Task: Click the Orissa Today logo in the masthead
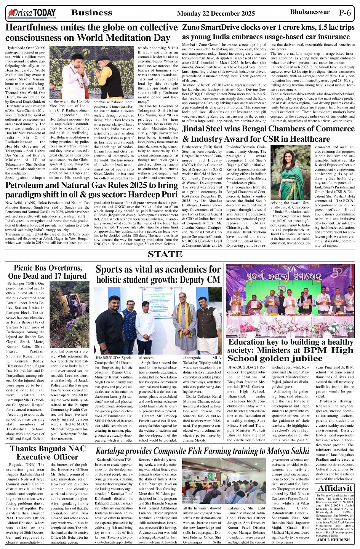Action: [31, 14]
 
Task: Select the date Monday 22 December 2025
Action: [216, 14]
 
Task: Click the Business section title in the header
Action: [91, 13]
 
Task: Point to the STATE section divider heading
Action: [165, 254]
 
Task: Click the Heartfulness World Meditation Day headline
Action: [91, 33]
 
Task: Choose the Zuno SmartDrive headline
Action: [268, 32]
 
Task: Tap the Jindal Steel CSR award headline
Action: [268, 134]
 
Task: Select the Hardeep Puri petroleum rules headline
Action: [91, 190]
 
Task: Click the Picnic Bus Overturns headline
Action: [48, 272]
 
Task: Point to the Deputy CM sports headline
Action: [158, 274]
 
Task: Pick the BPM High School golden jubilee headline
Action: [291, 350]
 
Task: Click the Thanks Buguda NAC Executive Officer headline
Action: [48, 452]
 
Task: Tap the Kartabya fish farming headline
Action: [202, 451]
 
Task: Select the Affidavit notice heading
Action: [335, 488]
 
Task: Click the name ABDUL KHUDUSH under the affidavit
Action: [333, 539]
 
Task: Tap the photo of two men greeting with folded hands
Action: [91, 72]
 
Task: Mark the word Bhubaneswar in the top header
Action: [310, 12]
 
